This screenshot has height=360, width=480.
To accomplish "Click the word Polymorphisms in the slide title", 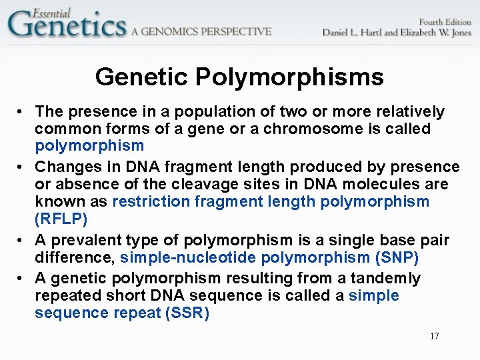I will (289, 77).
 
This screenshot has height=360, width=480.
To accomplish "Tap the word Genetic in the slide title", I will (142, 77).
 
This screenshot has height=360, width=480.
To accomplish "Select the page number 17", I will (434, 336).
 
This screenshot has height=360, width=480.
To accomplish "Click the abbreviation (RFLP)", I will (61, 219).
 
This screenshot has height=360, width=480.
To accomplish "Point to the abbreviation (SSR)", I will (187, 313).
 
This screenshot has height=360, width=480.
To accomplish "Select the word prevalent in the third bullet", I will (87, 240).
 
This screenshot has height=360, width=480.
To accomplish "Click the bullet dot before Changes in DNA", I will (22, 167).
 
